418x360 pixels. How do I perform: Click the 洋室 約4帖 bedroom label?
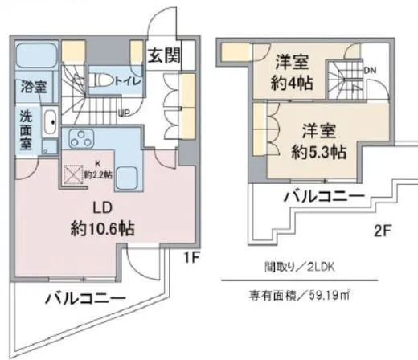[x=293, y=71]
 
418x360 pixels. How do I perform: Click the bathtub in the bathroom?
[x=37, y=56]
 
